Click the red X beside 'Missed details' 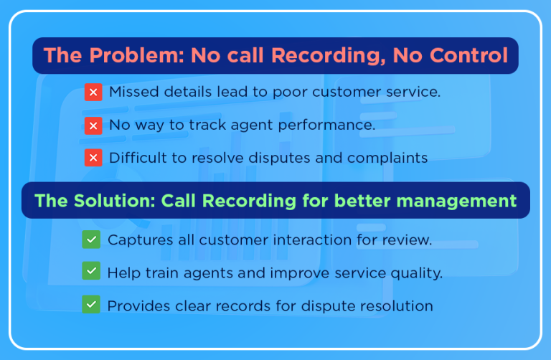click(93, 93)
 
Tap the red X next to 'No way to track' click(93, 125)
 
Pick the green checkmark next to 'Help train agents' click(91, 273)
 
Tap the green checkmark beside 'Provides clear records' click(91, 305)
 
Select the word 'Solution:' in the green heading click(113, 201)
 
